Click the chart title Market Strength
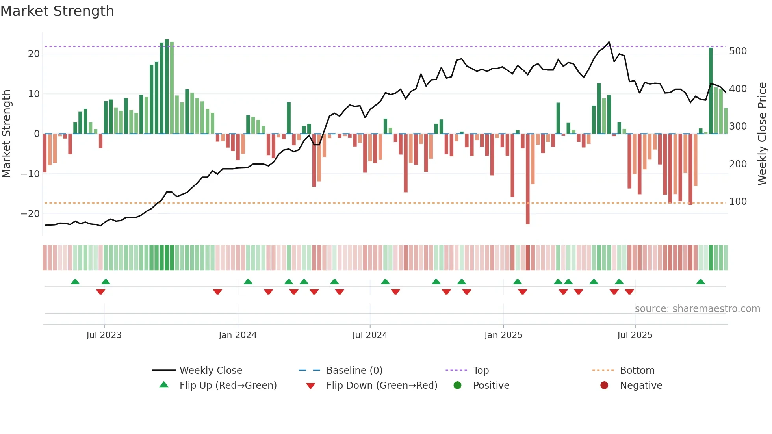click(x=57, y=11)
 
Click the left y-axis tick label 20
click(x=34, y=54)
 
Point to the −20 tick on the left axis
click(x=30, y=214)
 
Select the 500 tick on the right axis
click(x=738, y=51)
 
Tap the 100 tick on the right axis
click(x=738, y=202)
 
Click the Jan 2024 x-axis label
click(x=238, y=335)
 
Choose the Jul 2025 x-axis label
click(x=635, y=335)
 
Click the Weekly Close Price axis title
click(x=762, y=134)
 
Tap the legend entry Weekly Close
click(x=211, y=371)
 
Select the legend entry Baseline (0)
click(x=354, y=371)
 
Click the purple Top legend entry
click(x=481, y=371)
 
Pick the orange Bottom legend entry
click(x=637, y=371)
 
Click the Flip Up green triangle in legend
click(x=164, y=385)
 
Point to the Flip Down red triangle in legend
click(x=310, y=386)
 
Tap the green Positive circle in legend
click(x=457, y=385)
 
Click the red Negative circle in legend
click(x=604, y=385)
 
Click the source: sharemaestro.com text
click(x=697, y=309)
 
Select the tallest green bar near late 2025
click(x=711, y=91)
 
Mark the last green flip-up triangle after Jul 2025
click(x=700, y=282)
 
